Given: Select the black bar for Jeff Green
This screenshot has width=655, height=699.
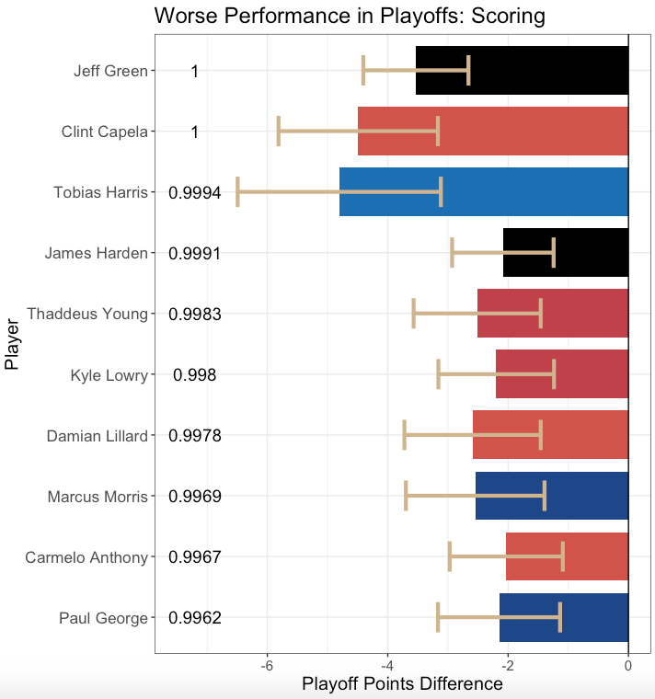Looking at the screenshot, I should pos(552,71).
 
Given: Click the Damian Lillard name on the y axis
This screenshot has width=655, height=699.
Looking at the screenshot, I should pos(97,435).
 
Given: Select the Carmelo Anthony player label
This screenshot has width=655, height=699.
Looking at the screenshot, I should pos(86,556).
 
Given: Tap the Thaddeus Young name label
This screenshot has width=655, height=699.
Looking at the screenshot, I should pos(87,314).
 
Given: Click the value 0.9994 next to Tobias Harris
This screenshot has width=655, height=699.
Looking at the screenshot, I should pos(194,192).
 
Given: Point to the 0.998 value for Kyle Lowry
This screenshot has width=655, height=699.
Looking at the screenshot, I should pos(194,374).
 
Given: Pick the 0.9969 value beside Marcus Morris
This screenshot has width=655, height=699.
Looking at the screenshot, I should pos(194,496).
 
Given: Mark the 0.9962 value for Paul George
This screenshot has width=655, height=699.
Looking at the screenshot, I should pos(194,617).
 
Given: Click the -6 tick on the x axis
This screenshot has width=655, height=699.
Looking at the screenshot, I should pos(267,666).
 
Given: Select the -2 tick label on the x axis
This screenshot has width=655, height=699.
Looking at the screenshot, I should pos(507,666).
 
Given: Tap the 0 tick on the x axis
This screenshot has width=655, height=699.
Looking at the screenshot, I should pos(628,666).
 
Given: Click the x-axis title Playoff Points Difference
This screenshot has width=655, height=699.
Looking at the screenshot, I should pos(402,684).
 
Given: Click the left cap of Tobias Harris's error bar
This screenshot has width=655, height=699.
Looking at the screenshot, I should pos(237,192).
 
